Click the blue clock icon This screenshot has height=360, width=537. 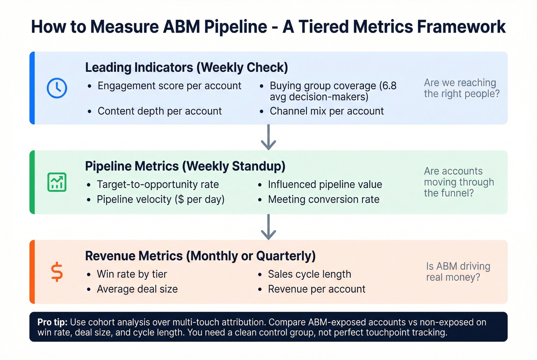click(x=57, y=88)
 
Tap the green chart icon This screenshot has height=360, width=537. click(x=57, y=182)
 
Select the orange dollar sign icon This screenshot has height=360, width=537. click(x=57, y=272)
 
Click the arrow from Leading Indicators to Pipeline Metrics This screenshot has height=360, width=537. click(x=268, y=137)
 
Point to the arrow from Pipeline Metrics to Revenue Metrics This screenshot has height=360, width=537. click(x=268, y=227)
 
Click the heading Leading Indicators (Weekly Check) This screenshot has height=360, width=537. click(x=186, y=67)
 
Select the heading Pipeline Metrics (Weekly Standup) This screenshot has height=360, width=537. click(x=185, y=166)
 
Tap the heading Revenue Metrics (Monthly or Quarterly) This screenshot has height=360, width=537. click(x=200, y=256)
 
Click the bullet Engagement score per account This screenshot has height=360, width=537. click(x=169, y=86)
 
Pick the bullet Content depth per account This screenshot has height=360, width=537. click(x=160, y=111)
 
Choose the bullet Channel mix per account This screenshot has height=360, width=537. click(x=326, y=111)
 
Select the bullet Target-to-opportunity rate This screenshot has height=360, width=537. click(x=158, y=184)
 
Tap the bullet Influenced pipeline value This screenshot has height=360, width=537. click(x=325, y=184)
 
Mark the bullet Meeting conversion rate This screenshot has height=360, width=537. click(x=323, y=199)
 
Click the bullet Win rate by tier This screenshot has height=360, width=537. click(x=132, y=274)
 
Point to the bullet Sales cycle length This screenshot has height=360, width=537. click(x=309, y=274)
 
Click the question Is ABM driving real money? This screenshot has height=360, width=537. click(x=458, y=271)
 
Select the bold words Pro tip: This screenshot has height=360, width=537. click(x=53, y=322)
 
